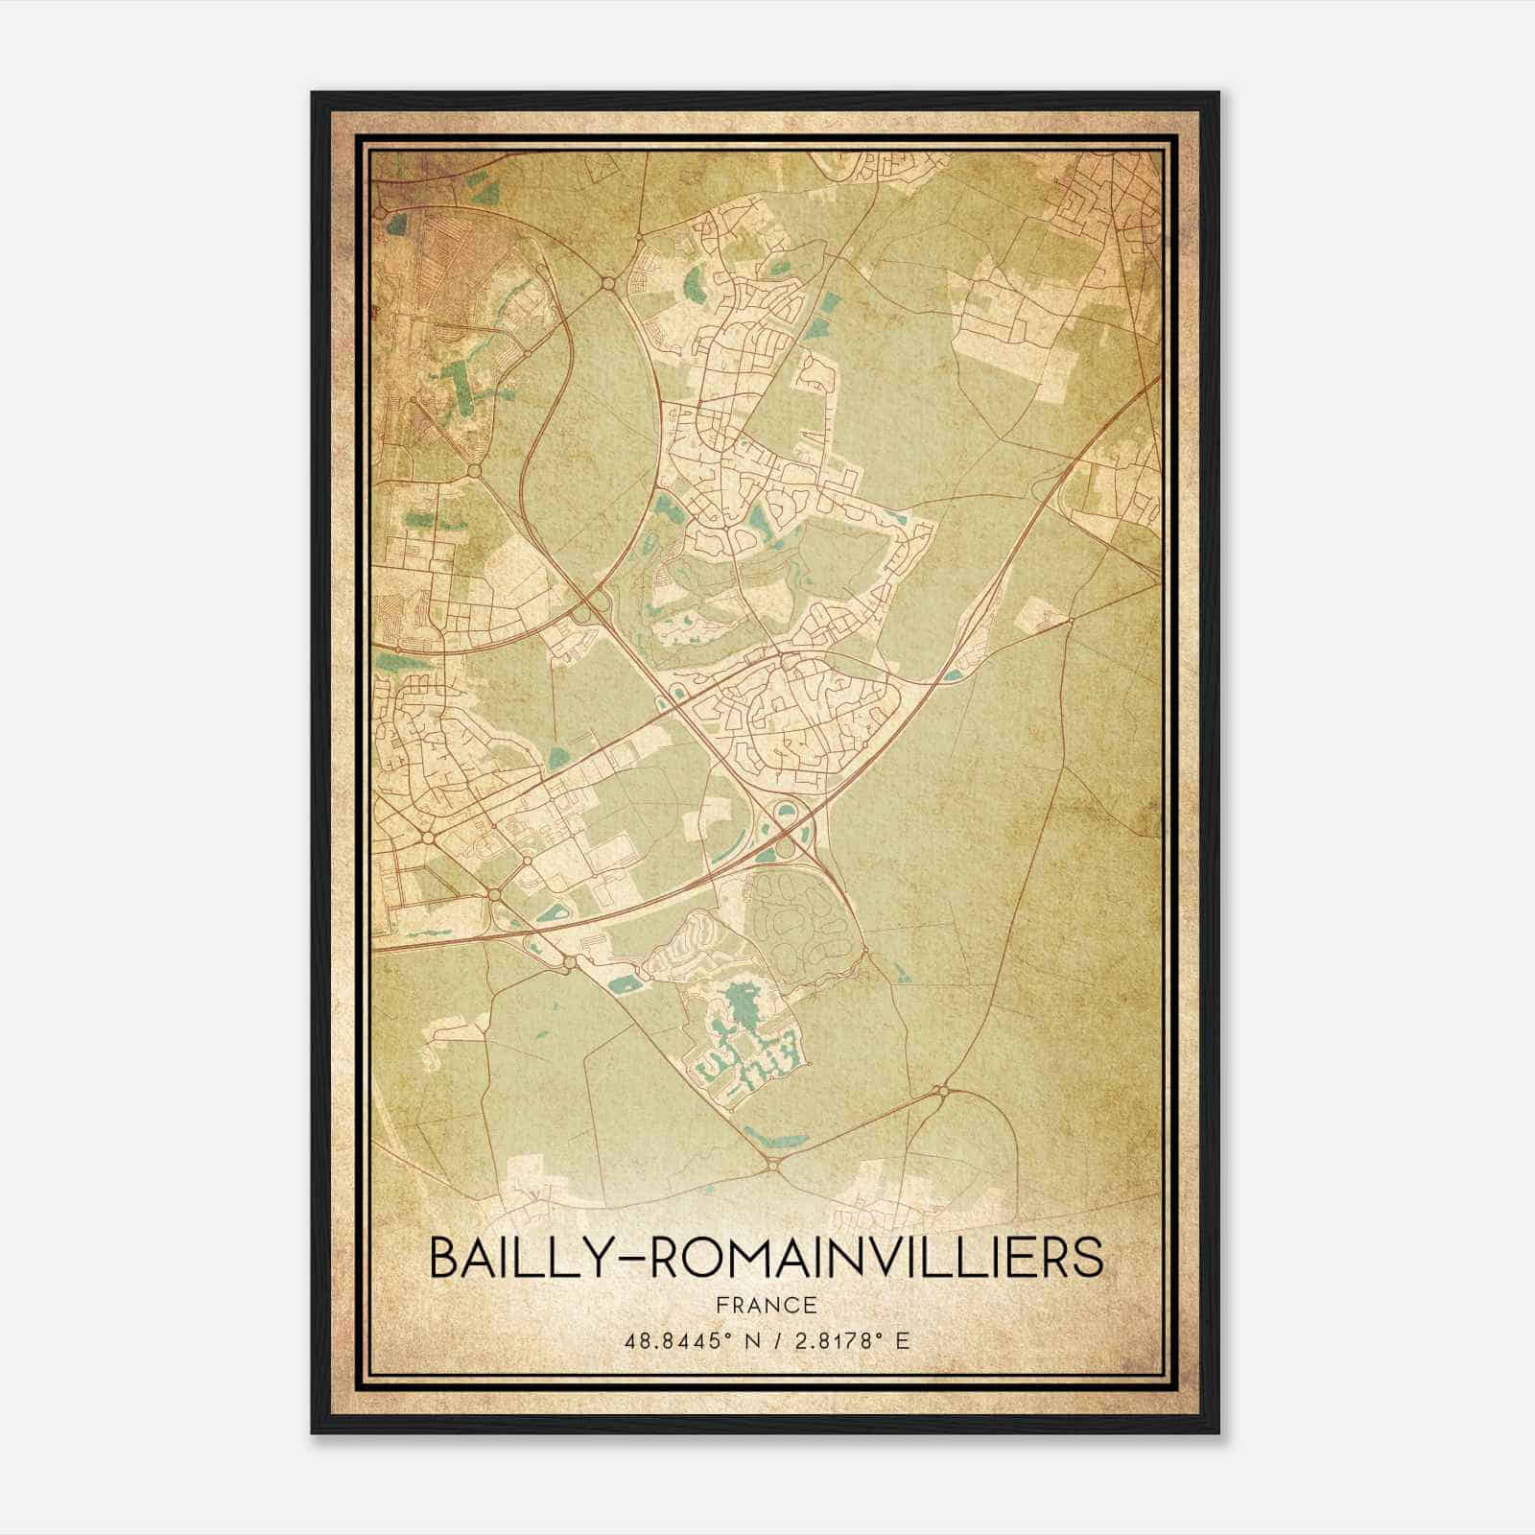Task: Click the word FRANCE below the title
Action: [x=766, y=1305]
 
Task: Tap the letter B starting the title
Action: [x=445, y=1259]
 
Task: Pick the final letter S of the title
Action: [x=1087, y=1259]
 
